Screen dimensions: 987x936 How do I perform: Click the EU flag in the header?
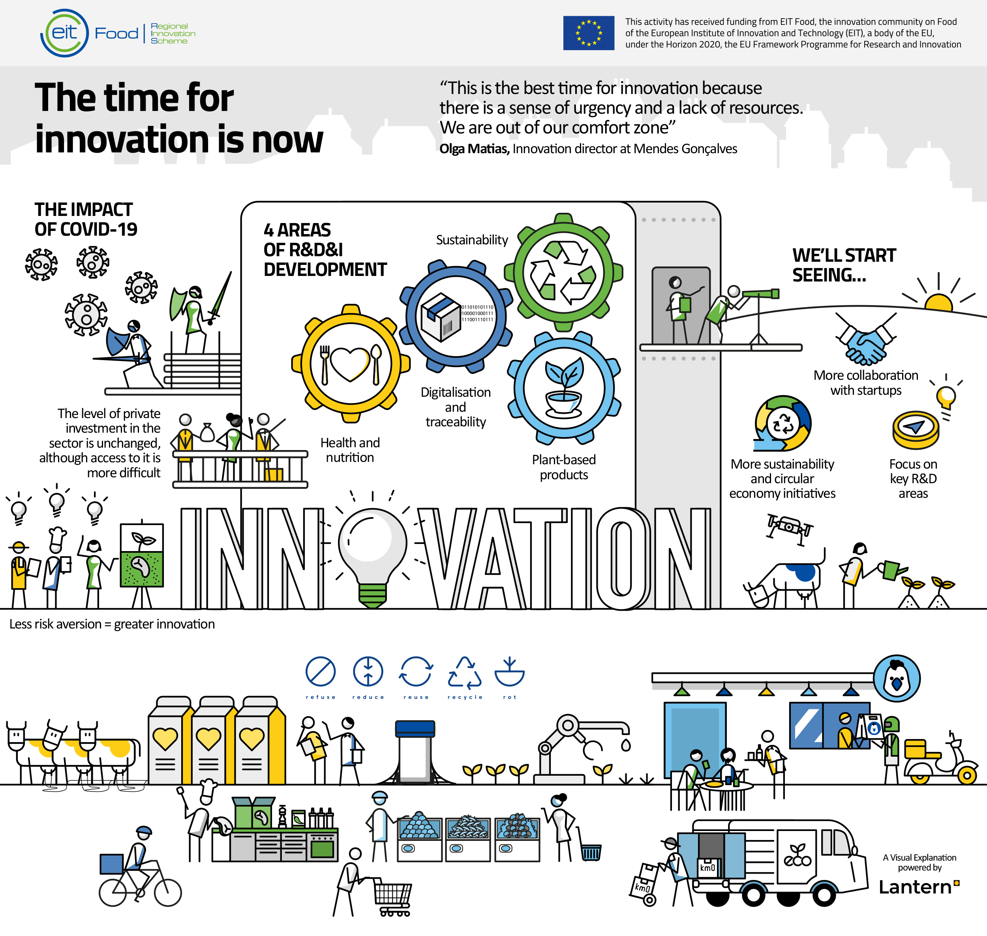click(x=589, y=33)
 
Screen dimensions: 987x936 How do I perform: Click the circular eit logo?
click(x=64, y=33)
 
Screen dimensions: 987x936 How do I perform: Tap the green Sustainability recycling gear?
click(x=563, y=272)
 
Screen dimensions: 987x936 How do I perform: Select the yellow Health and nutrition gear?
click(x=351, y=364)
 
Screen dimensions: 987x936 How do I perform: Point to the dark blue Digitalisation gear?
click(x=456, y=316)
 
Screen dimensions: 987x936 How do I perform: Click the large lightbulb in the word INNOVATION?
click(x=372, y=556)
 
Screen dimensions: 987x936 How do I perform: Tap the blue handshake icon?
click(x=866, y=340)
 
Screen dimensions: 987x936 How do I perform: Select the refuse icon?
click(x=320, y=671)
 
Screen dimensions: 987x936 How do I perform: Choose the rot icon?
click(x=509, y=672)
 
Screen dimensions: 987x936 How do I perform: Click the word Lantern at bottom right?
click(x=915, y=887)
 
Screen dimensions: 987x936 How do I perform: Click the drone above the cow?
click(x=790, y=530)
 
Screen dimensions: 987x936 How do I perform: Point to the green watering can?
click(x=892, y=570)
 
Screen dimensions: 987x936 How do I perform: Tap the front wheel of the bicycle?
click(x=168, y=892)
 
